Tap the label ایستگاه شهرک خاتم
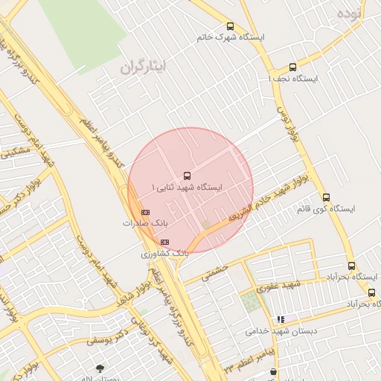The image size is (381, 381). [230, 37]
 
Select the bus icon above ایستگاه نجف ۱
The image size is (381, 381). [292, 67]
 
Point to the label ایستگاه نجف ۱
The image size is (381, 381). [292, 78]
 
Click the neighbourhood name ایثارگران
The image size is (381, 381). [145, 67]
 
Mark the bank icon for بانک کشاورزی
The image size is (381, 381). [164, 242]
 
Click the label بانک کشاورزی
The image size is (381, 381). [165, 254]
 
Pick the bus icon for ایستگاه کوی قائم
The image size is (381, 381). [327, 197]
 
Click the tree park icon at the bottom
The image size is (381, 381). [100, 368]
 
